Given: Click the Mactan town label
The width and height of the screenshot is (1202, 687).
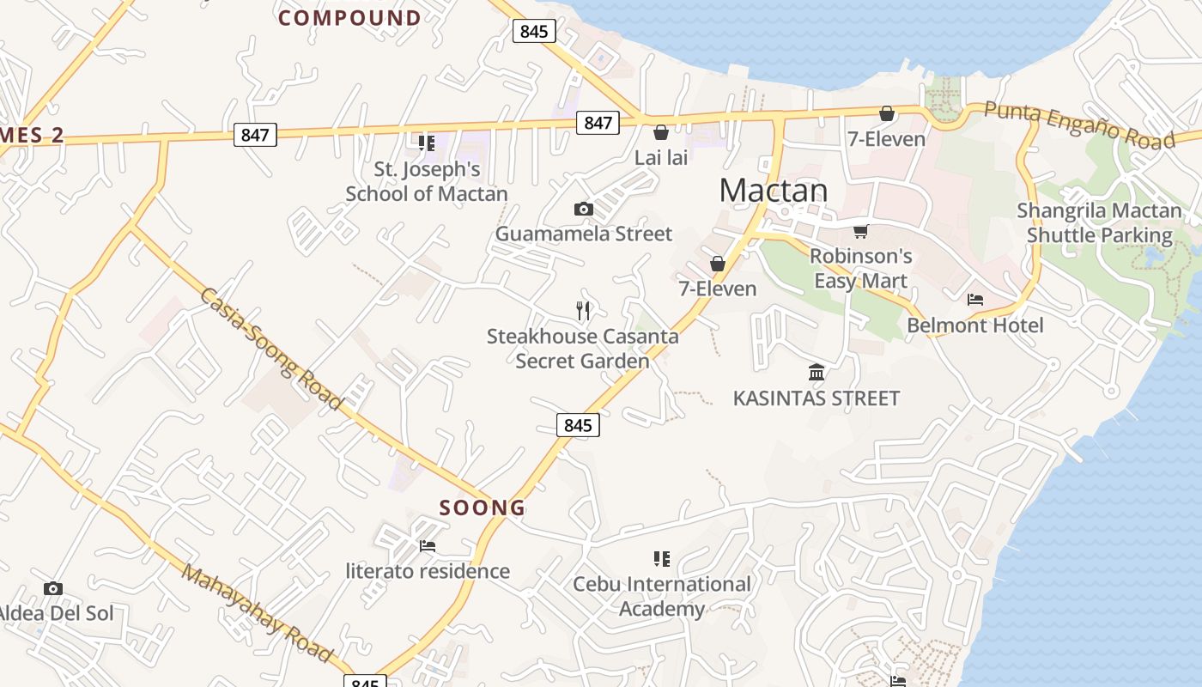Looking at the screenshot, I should click(773, 191).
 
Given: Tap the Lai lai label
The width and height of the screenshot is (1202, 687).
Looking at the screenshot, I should click(661, 158).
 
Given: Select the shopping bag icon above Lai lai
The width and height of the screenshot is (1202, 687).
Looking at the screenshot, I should click(661, 132).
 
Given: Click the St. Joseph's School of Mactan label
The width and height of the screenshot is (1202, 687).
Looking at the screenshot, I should click(427, 182).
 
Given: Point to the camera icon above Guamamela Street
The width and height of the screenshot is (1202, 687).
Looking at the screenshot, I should click(583, 209).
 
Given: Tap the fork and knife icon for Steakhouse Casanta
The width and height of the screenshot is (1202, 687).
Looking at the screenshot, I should click(583, 311).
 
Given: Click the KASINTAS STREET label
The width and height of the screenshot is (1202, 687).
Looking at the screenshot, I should click(816, 398).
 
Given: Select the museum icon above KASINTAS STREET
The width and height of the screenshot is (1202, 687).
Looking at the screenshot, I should click(817, 373).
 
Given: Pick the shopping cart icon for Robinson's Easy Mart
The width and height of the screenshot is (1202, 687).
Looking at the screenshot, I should click(860, 231).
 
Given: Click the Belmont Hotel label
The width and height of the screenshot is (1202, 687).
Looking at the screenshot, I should click(975, 325).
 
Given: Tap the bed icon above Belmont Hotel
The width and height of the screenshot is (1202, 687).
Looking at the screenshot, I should click(975, 300).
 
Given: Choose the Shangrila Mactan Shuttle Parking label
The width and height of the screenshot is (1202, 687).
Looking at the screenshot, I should click(1100, 223).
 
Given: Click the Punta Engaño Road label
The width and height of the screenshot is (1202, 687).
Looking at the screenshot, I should click(1079, 125).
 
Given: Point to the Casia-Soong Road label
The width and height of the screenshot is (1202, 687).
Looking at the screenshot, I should click(271, 348).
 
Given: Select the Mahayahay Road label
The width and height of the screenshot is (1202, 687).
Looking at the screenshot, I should click(257, 614).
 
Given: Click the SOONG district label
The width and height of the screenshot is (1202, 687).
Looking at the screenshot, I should click(483, 508).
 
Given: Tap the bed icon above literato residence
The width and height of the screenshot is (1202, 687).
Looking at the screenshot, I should click(427, 546).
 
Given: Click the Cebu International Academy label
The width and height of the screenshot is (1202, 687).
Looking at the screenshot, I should click(662, 597).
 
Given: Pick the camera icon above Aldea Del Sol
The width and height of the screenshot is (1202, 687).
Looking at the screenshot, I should click(53, 588).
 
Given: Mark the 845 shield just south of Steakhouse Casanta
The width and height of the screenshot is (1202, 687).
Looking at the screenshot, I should click(578, 425).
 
